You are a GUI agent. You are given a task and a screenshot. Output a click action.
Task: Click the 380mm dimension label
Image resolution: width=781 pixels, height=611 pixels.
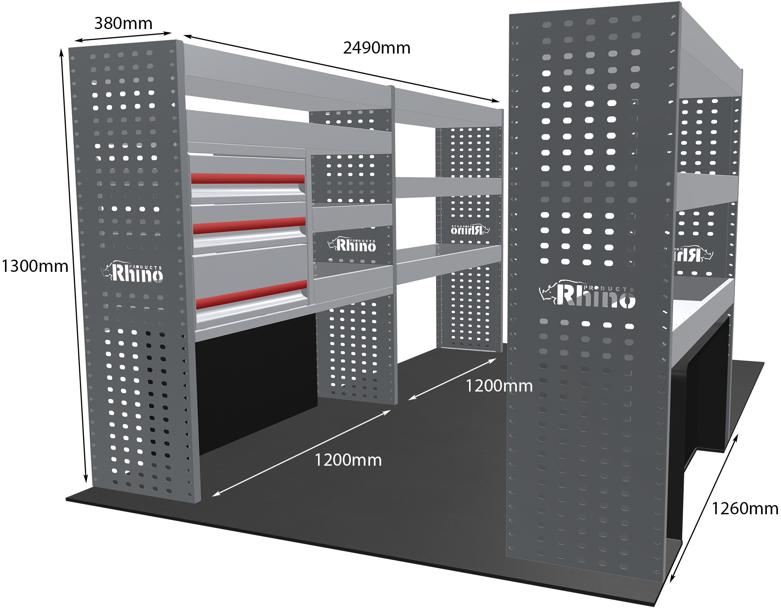coord(123,24)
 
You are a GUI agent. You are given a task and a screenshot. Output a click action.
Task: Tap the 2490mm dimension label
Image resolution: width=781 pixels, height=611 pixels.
coord(377,48)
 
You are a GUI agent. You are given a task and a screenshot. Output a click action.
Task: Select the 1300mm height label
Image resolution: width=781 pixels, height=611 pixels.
coord(35,266)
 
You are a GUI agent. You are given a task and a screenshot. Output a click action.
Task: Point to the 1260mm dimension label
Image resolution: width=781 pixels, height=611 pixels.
coord(745,509)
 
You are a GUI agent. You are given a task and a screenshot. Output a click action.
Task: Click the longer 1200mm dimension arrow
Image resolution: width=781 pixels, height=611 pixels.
coord(301,453)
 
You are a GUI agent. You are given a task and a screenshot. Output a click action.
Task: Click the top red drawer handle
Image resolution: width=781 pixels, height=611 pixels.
coord(248,178)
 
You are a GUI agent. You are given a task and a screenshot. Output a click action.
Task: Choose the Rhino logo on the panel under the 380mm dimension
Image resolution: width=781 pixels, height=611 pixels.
coord(133,272)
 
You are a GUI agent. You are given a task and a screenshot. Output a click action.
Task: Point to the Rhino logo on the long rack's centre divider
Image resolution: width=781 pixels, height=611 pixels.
coord(352,245)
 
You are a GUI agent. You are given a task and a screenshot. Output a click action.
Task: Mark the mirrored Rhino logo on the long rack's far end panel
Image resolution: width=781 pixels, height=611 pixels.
coord(470,229)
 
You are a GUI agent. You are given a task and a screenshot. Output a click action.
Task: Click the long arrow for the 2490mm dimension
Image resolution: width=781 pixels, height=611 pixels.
coord(341,68)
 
